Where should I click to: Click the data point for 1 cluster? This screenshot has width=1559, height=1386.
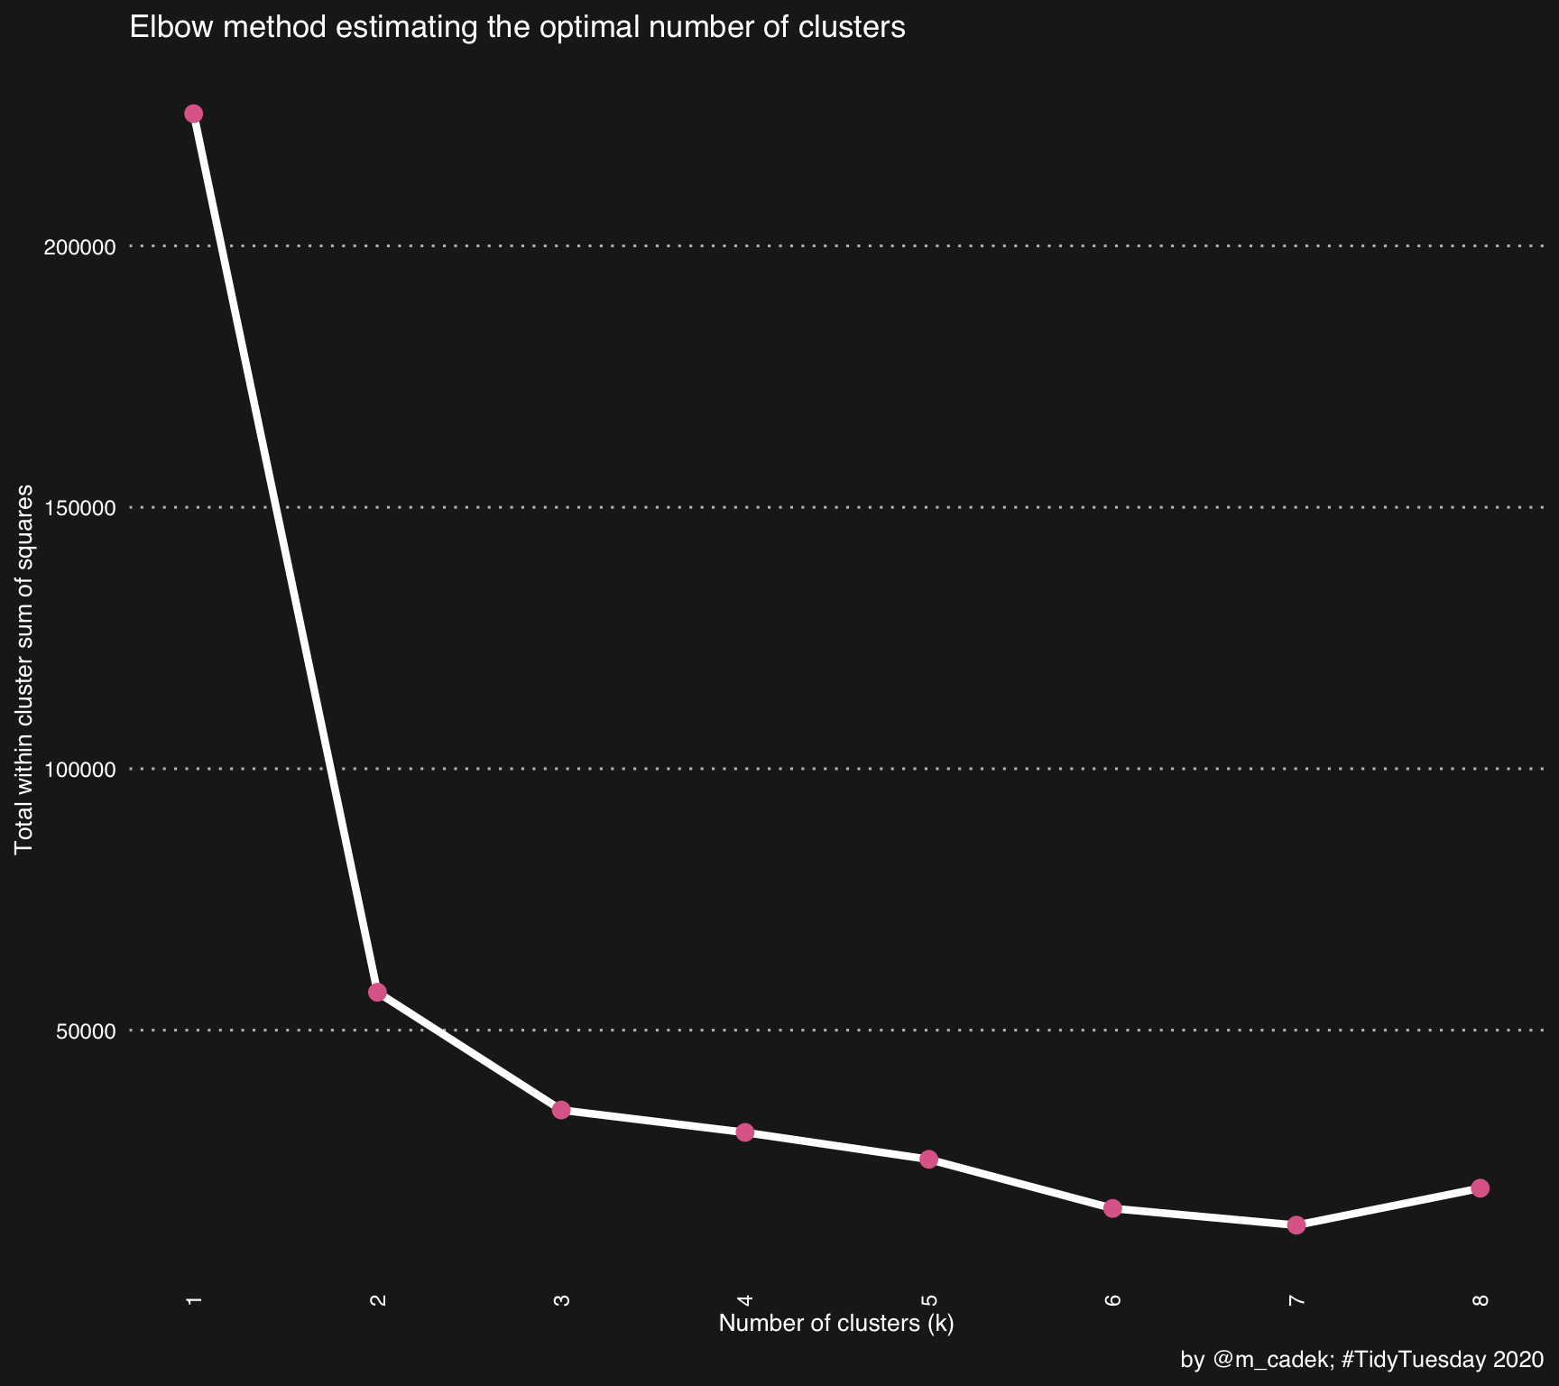point(194,114)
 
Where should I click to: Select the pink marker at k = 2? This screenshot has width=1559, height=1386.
point(378,992)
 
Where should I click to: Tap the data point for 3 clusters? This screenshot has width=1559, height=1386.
point(561,1110)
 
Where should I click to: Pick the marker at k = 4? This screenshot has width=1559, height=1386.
point(745,1132)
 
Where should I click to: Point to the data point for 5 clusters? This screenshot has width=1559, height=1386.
point(929,1160)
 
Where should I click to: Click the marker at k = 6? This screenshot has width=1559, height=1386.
point(1112,1208)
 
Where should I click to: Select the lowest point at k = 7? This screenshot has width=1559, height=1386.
point(1296,1224)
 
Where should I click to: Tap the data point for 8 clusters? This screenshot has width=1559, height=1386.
point(1481,1187)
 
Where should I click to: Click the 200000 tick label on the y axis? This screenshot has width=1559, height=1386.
point(80,246)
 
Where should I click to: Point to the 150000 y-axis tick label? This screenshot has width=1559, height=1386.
point(80,508)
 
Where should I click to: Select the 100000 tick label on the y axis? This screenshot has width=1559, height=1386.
point(80,770)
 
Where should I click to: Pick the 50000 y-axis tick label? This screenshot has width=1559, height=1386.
point(87,1030)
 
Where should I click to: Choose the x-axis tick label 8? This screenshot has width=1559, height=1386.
point(1481,1300)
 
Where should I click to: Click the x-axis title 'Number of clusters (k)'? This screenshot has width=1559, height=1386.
point(836,1324)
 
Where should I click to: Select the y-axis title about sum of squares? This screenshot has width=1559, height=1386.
point(24,669)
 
